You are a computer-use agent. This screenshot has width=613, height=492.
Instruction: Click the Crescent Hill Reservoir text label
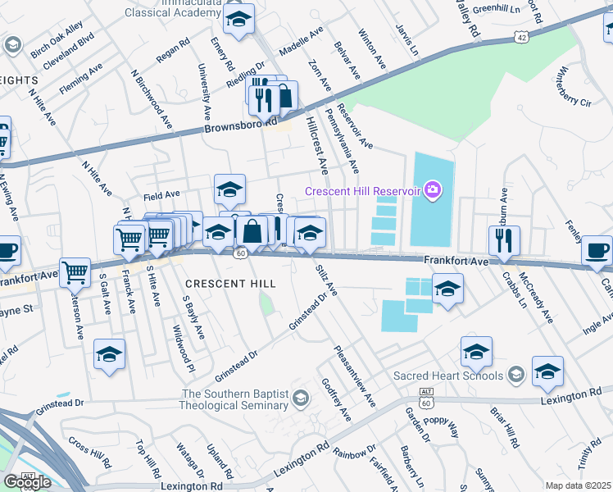pyautogui.click(x=362, y=191)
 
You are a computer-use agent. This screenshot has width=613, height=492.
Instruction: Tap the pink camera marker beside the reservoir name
pyautogui.click(x=433, y=191)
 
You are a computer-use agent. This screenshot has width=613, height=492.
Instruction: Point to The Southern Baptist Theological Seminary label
pyautogui.click(x=235, y=399)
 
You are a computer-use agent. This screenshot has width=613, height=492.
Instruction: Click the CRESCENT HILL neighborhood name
pyautogui.click(x=229, y=283)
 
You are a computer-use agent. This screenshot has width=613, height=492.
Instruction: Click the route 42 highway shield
pyautogui.click(x=521, y=37)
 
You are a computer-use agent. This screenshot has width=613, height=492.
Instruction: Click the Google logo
pyautogui.click(x=26, y=481)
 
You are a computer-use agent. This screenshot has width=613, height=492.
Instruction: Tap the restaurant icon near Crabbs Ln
pyautogui.click(x=504, y=239)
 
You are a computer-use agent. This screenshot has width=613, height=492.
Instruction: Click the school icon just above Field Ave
pyautogui.click(x=229, y=189)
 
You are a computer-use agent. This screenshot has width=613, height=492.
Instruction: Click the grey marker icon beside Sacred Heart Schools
pyautogui.click(x=515, y=376)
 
